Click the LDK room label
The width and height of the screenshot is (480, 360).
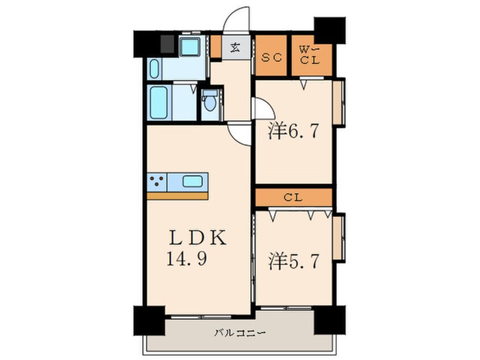pos(198,238)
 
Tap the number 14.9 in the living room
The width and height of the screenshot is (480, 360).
pos(187,258)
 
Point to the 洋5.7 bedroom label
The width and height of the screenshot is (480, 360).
pos(294,261)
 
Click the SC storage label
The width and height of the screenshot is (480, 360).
pos(271,57)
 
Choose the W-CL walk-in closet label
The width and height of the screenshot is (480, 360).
pos(309,55)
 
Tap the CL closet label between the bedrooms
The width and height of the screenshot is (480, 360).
pos(293,198)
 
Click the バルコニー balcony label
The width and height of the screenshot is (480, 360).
pos(239,332)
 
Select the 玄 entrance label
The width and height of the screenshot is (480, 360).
pos(235,48)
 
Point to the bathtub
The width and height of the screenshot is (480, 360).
pos(159,102)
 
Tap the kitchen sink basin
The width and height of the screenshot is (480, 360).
pos(192,181)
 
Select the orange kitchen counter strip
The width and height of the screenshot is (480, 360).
pos(178,196)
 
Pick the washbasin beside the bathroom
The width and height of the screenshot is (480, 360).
pos(154,69)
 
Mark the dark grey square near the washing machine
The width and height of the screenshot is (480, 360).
pos(167,44)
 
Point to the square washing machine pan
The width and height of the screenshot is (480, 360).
pos(190,46)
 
